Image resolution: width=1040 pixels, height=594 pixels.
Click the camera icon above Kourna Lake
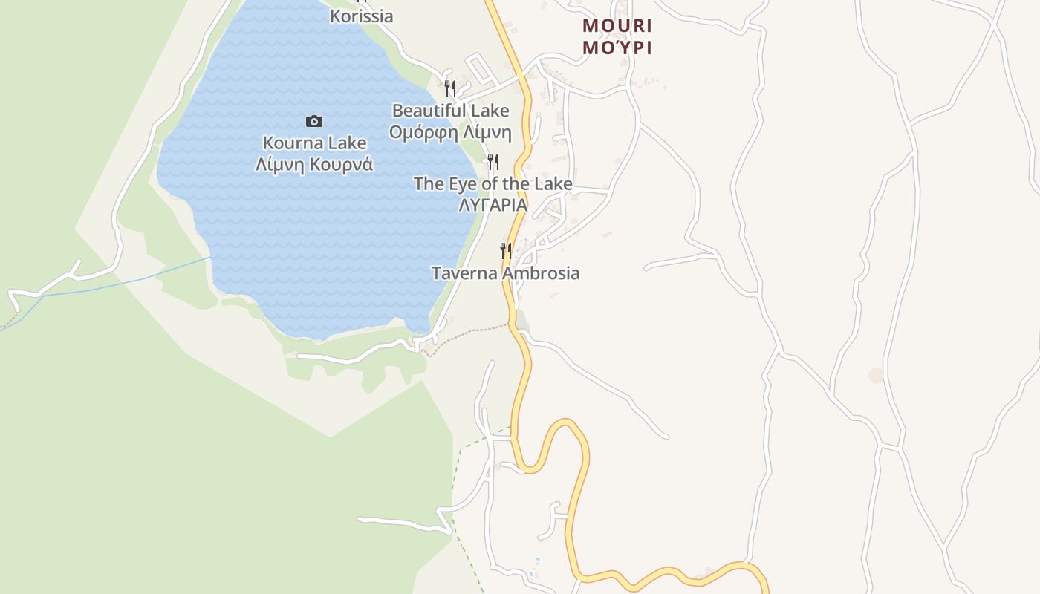pyautogui.click(x=314, y=121)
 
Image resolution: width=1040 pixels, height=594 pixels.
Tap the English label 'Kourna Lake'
pyautogui.click(x=314, y=143)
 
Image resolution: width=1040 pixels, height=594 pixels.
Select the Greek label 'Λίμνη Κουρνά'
pyautogui.click(x=314, y=164)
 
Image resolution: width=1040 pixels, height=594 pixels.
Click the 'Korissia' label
pyautogui.click(x=361, y=16)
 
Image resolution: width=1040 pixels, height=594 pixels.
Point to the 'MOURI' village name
pyautogui.click(x=617, y=26)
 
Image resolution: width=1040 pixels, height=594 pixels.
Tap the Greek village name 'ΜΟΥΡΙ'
pyautogui.click(x=617, y=48)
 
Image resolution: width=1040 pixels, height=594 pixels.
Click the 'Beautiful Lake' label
pyautogui.click(x=450, y=111)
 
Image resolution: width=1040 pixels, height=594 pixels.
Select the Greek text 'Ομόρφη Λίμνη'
pyautogui.click(x=450, y=133)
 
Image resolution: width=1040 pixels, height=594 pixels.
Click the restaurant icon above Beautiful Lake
pyautogui.click(x=449, y=88)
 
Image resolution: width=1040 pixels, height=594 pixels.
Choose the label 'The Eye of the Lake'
pyautogui.click(x=493, y=183)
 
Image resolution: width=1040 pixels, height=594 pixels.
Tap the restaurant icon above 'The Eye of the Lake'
pyautogui.click(x=493, y=161)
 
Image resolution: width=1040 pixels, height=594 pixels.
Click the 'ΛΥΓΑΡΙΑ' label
pyautogui.click(x=493, y=205)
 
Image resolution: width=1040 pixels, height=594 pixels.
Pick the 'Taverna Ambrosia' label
pyautogui.click(x=505, y=273)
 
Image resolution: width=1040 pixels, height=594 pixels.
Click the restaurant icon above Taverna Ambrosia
pyautogui.click(x=505, y=250)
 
